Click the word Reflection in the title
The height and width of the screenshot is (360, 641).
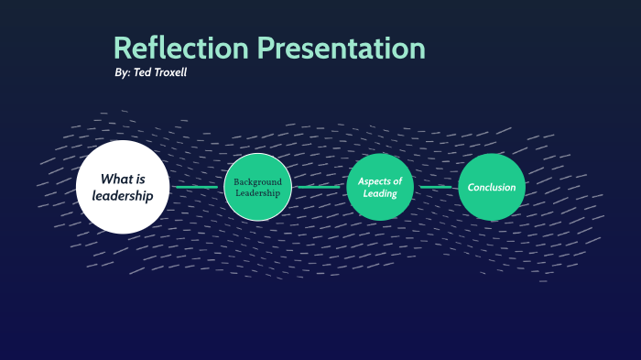[x=180, y=48]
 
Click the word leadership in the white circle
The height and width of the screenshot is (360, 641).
[x=123, y=196]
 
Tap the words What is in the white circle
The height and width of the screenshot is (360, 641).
[x=123, y=179]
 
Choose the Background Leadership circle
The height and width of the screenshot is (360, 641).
[x=257, y=187]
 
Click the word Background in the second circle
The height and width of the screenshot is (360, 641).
[x=257, y=181]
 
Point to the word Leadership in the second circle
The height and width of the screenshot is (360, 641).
[x=257, y=193]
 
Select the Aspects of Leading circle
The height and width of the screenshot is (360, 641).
[x=380, y=187]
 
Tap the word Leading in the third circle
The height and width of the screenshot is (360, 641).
[x=380, y=193]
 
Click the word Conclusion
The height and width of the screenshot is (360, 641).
[x=492, y=187]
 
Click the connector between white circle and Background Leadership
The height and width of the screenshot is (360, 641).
[x=197, y=187]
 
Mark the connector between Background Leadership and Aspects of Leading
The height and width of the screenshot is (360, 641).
[x=319, y=187]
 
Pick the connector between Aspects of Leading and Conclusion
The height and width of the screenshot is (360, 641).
[x=436, y=187]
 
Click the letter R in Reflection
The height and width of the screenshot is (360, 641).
[x=123, y=49]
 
